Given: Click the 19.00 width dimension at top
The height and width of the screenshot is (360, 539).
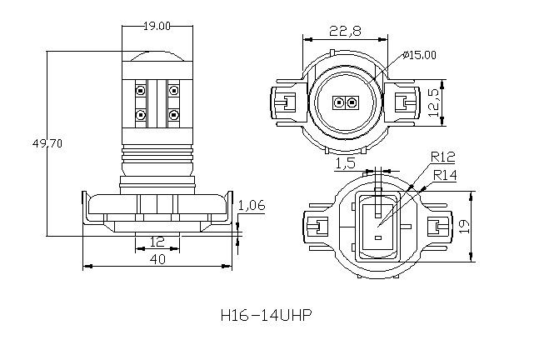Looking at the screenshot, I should click(x=157, y=27).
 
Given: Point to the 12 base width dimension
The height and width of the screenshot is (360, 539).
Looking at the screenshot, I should click(x=157, y=242).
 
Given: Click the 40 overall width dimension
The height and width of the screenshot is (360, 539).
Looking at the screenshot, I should click(x=157, y=259).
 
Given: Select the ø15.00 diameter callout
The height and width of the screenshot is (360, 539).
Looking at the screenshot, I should click(x=418, y=55).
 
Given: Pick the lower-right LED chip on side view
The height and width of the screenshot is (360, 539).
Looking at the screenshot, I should click(x=173, y=113).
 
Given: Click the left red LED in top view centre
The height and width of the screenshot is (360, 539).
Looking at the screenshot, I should click(x=338, y=103).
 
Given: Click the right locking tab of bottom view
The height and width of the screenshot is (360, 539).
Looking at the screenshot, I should click(x=437, y=226).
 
